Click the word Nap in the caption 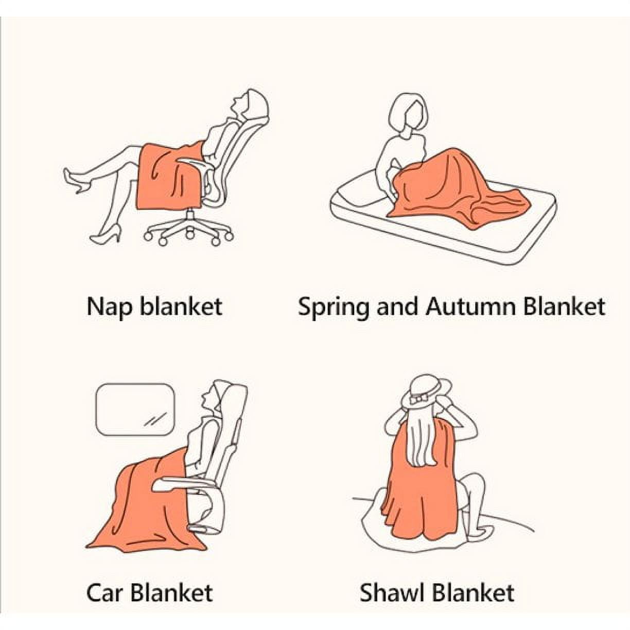pyautogui.click(x=110, y=307)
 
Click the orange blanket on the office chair pyautogui.click(x=170, y=175)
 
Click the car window pyautogui.click(x=135, y=409)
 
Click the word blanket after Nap pyautogui.click(x=181, y=306)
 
